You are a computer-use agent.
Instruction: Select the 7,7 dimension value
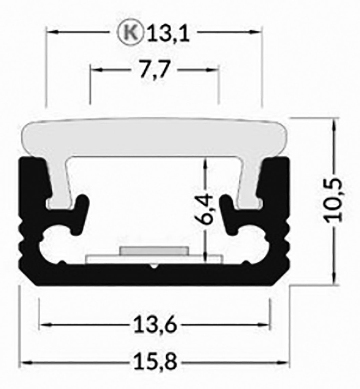(x=154, y=71)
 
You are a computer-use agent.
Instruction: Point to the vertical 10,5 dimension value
(x=335, y=201)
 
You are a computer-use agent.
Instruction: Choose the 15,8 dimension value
(x=155, y=363)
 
